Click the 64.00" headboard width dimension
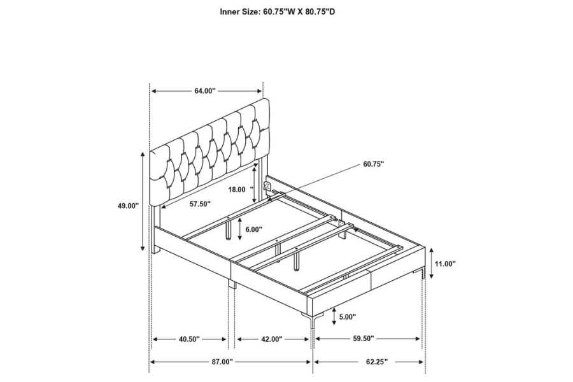[205, 91]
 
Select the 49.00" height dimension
[128, 206]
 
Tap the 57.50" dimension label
[200, 204]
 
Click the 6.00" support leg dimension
[254, 230]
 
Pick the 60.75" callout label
[374, 164]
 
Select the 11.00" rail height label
[445, 263]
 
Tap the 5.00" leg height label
[348, 316]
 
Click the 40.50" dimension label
[189, 339]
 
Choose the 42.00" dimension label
[271, 339]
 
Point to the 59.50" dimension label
[364, 339]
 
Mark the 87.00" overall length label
[222, 362]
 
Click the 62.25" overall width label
[377, 362]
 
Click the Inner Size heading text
[278, 11]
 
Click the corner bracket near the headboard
[267, 187]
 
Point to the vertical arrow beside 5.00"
[334, 316]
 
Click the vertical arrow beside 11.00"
[432, 263]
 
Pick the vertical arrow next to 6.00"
[239, 229]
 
